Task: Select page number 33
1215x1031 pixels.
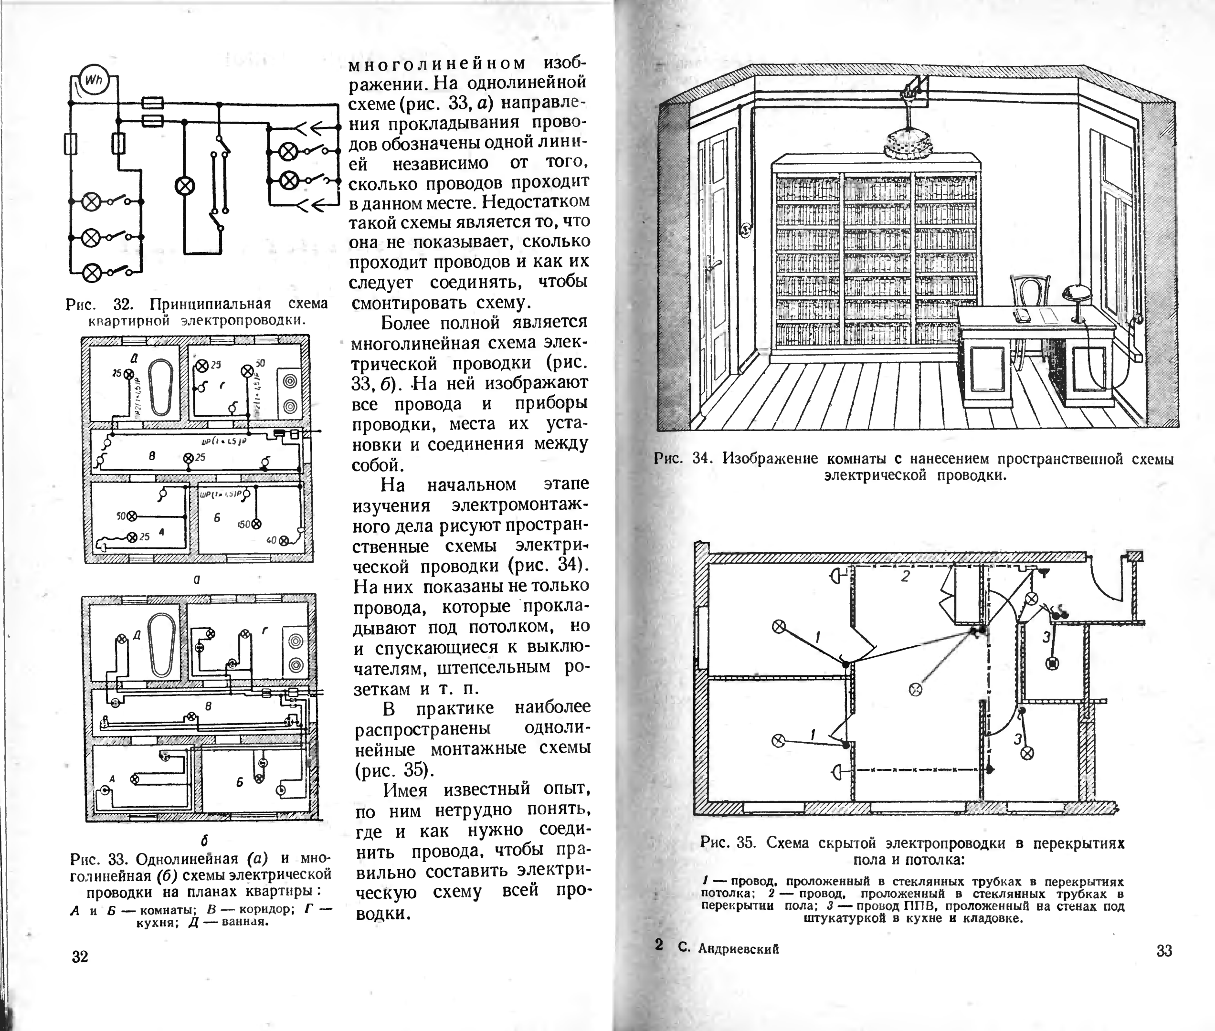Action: pyautogui.click(x=1164, y=951)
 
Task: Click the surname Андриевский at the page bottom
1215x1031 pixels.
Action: pyautogui.click(x=739, y=949)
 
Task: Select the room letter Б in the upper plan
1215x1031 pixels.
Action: pyautogui.click(x=216, y=518)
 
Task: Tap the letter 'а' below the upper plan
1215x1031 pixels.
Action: pyautogui.click(x=198, y=580)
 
